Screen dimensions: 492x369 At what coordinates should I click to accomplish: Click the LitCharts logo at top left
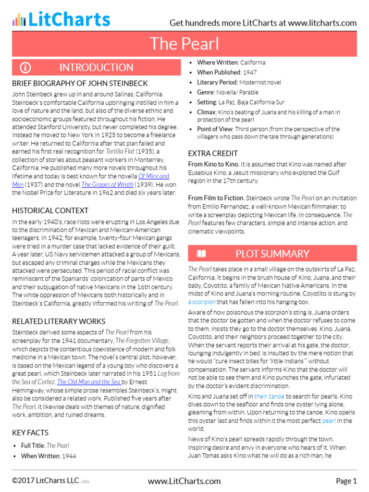tap(61, 19)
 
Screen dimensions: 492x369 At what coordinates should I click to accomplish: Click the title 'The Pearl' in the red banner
tap(184, 44)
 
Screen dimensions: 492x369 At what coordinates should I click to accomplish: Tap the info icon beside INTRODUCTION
tap(25, 67)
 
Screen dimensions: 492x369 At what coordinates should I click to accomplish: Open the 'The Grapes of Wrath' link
tap(107, 184)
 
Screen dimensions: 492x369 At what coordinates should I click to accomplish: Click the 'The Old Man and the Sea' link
tap(89, 382)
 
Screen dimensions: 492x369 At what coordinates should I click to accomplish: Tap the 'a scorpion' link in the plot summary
tap(202, 302)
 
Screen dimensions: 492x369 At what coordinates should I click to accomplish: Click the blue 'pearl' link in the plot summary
tap(329, 421)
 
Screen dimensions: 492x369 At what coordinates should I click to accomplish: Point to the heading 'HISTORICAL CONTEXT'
tap(50, 210)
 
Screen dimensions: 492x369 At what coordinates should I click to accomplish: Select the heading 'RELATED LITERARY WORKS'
tap(59, 321)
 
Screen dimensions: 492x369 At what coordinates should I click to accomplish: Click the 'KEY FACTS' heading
tap(30, 432)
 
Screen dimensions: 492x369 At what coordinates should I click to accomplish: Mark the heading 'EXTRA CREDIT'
tap(213, 153)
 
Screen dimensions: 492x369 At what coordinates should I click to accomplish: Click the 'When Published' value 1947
tap(249, 73)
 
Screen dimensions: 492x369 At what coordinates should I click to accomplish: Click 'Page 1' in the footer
tap(346, 481)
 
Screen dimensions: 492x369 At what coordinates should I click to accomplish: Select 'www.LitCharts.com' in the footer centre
tap(184, 481)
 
